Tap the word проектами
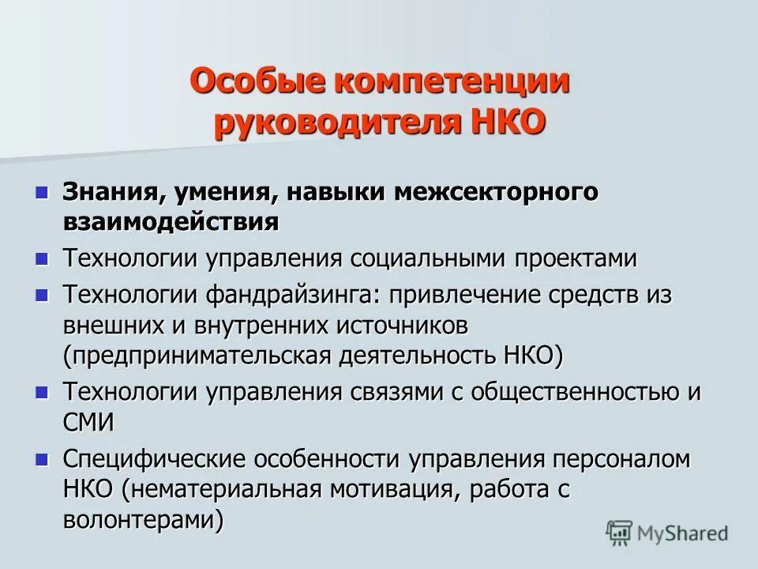click(585, 258)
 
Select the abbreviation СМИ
click(88, 420)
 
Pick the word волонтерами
click(139, 518)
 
